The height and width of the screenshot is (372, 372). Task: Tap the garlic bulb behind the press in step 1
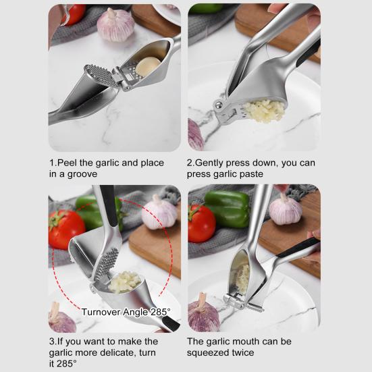pos(115,25)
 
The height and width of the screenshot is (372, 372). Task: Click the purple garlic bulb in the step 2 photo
pos(196,134)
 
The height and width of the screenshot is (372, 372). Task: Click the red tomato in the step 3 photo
pos(66,228)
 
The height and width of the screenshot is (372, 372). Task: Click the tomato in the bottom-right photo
pos(201,223)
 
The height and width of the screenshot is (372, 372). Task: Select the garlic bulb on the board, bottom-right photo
pos(285,209)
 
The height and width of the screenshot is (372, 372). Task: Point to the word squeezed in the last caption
pos(207,352)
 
